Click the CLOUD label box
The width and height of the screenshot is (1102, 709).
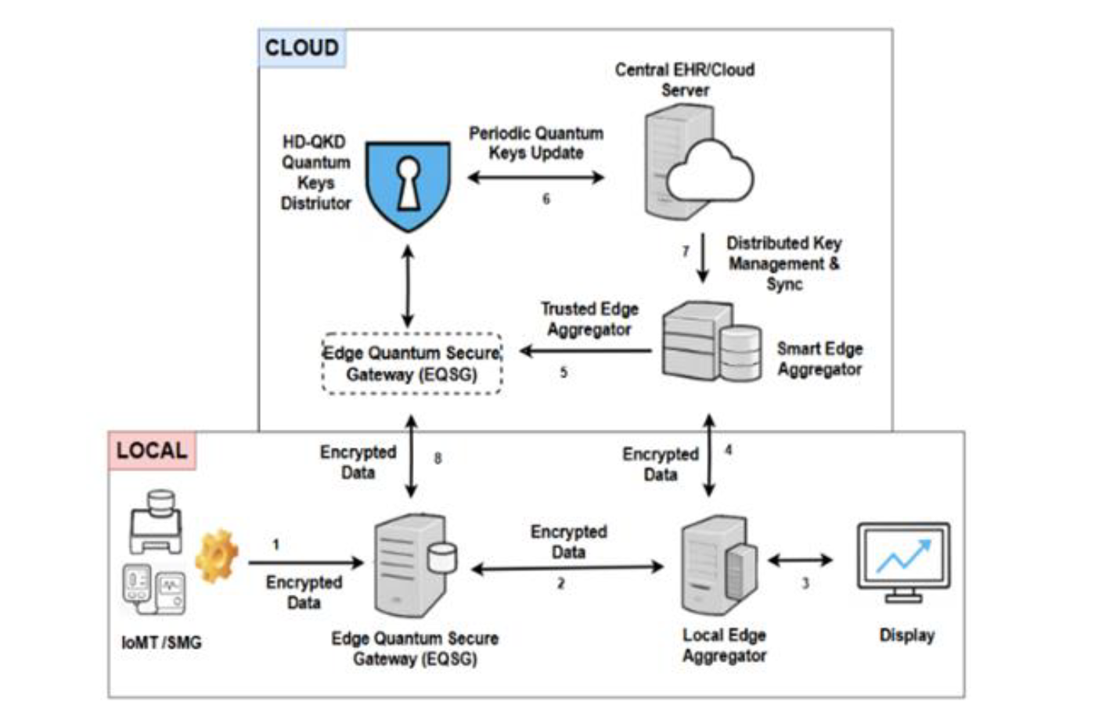point(301,48)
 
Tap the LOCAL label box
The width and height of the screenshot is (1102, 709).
point(152,451)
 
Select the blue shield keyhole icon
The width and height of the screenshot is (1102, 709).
point(408,186)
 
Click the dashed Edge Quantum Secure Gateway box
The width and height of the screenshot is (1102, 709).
point(412,364)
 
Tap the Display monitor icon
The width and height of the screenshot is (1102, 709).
point(903,563)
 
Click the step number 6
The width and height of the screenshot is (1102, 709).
point(546,200)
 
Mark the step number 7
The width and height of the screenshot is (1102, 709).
point(686,251)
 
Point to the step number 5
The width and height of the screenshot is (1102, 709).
point(564,372)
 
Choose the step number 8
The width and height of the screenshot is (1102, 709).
point(438,458)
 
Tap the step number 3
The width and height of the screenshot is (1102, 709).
point(805,583)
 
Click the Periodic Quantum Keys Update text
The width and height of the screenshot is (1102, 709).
point(536,143)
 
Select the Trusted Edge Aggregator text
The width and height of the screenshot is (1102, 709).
point(589,319)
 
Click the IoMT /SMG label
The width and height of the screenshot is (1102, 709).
point(161,642)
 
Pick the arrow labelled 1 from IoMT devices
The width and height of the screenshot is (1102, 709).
point(305,562)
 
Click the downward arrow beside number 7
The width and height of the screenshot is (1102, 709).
point(703,257)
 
